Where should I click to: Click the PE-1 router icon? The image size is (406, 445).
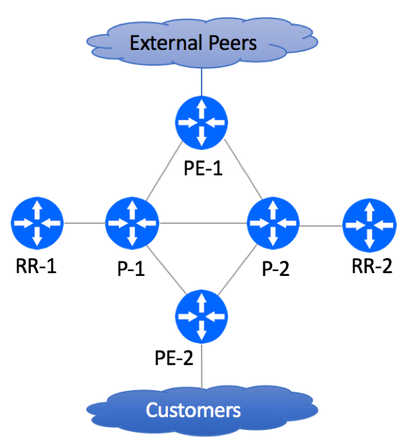click(x=202, y=123)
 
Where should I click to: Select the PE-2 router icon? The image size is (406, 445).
click(x=202, y=316)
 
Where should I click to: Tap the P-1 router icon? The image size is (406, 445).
click(x=132, y=223)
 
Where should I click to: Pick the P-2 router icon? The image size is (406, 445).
click(x=273, y=223)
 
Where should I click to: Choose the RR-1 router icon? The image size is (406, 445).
click(x=37, y=223)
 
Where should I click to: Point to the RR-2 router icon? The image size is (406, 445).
click(x=370, y=225)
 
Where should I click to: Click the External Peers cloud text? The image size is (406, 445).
click(x=193, y=43)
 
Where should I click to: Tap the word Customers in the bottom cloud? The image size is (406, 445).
click(x=193, y=410)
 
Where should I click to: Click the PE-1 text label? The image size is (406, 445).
click(x=203, y=168)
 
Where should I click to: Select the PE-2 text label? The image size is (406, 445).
click(x=174, y=357)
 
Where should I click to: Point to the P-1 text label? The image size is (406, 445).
click(x=131, y=268)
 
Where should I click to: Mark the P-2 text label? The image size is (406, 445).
click(x=276, y=268)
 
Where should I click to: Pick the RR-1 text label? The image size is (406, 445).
click(x=36, y=266)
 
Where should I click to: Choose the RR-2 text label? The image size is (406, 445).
click(x=372, y=266)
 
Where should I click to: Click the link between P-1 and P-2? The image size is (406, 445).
click(x=203, y=223)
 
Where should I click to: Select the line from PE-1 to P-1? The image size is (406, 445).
click(x=165, y=170)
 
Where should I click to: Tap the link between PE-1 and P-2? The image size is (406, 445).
click(x=243, y=169)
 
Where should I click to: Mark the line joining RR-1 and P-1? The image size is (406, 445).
click(x=85, y=223)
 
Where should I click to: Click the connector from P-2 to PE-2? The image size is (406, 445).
click(x=238, y=269)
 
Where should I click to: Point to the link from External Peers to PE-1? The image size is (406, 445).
click(x=202, y=81)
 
